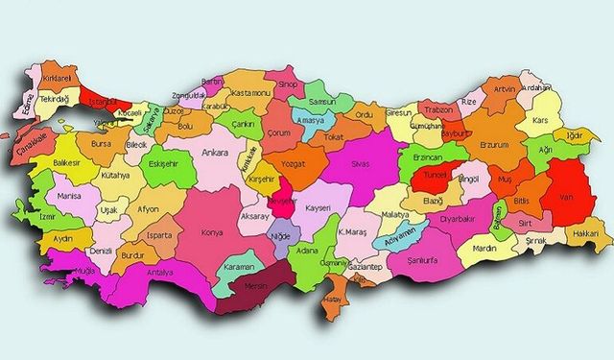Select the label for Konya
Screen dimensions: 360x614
click(x=211, y=232)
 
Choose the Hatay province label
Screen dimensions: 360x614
click(x=335, y=299)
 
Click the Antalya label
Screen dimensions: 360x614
click(x=160, y=273)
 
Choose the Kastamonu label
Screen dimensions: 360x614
click(x=251, y=91)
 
